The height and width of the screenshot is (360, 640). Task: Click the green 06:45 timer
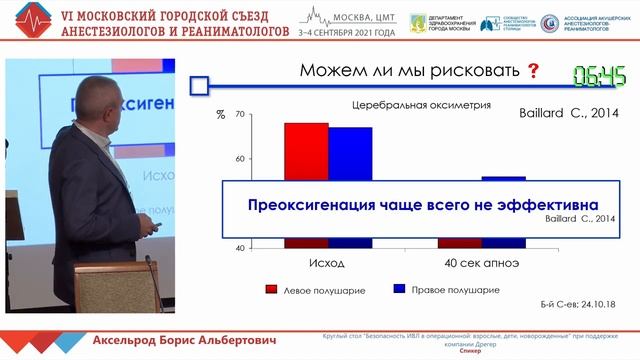(x=600, y=75)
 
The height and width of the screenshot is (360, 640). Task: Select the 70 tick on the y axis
(x=239, y=115)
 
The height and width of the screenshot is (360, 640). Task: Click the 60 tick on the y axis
(x=239, y=159)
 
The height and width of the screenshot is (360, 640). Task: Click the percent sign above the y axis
(x=220, y=115)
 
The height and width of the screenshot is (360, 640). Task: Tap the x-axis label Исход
(x=326, y=263)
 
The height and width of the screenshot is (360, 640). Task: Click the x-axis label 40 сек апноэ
(x=481, y=263)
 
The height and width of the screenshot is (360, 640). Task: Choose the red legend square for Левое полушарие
(x=271, y=290)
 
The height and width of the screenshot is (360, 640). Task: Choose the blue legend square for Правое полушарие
(x=399, y=290)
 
